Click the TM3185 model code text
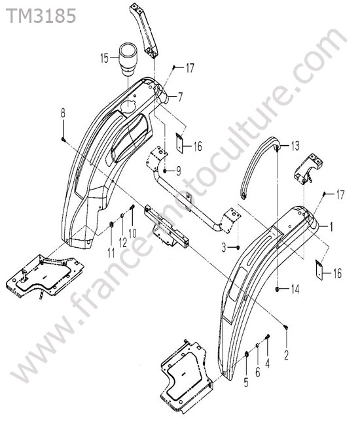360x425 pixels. [41, 16]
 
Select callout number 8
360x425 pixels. [63, 113]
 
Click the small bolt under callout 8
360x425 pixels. [63, 139]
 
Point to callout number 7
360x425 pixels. [180, 97]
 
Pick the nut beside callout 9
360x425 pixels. [166, 171]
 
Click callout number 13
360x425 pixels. [295, 146]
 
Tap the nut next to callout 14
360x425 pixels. [278, 290]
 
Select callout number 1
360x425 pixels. [331, 227]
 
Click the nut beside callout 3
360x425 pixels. [238, 247]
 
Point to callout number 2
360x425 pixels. [287, 355]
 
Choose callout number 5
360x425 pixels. [246, 382]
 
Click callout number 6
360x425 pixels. [257, 372]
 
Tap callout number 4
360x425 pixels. [268, 363]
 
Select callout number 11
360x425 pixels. [111, 253]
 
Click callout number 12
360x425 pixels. [123, 243]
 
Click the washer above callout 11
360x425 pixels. [111, 225]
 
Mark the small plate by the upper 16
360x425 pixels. [179, 142]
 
